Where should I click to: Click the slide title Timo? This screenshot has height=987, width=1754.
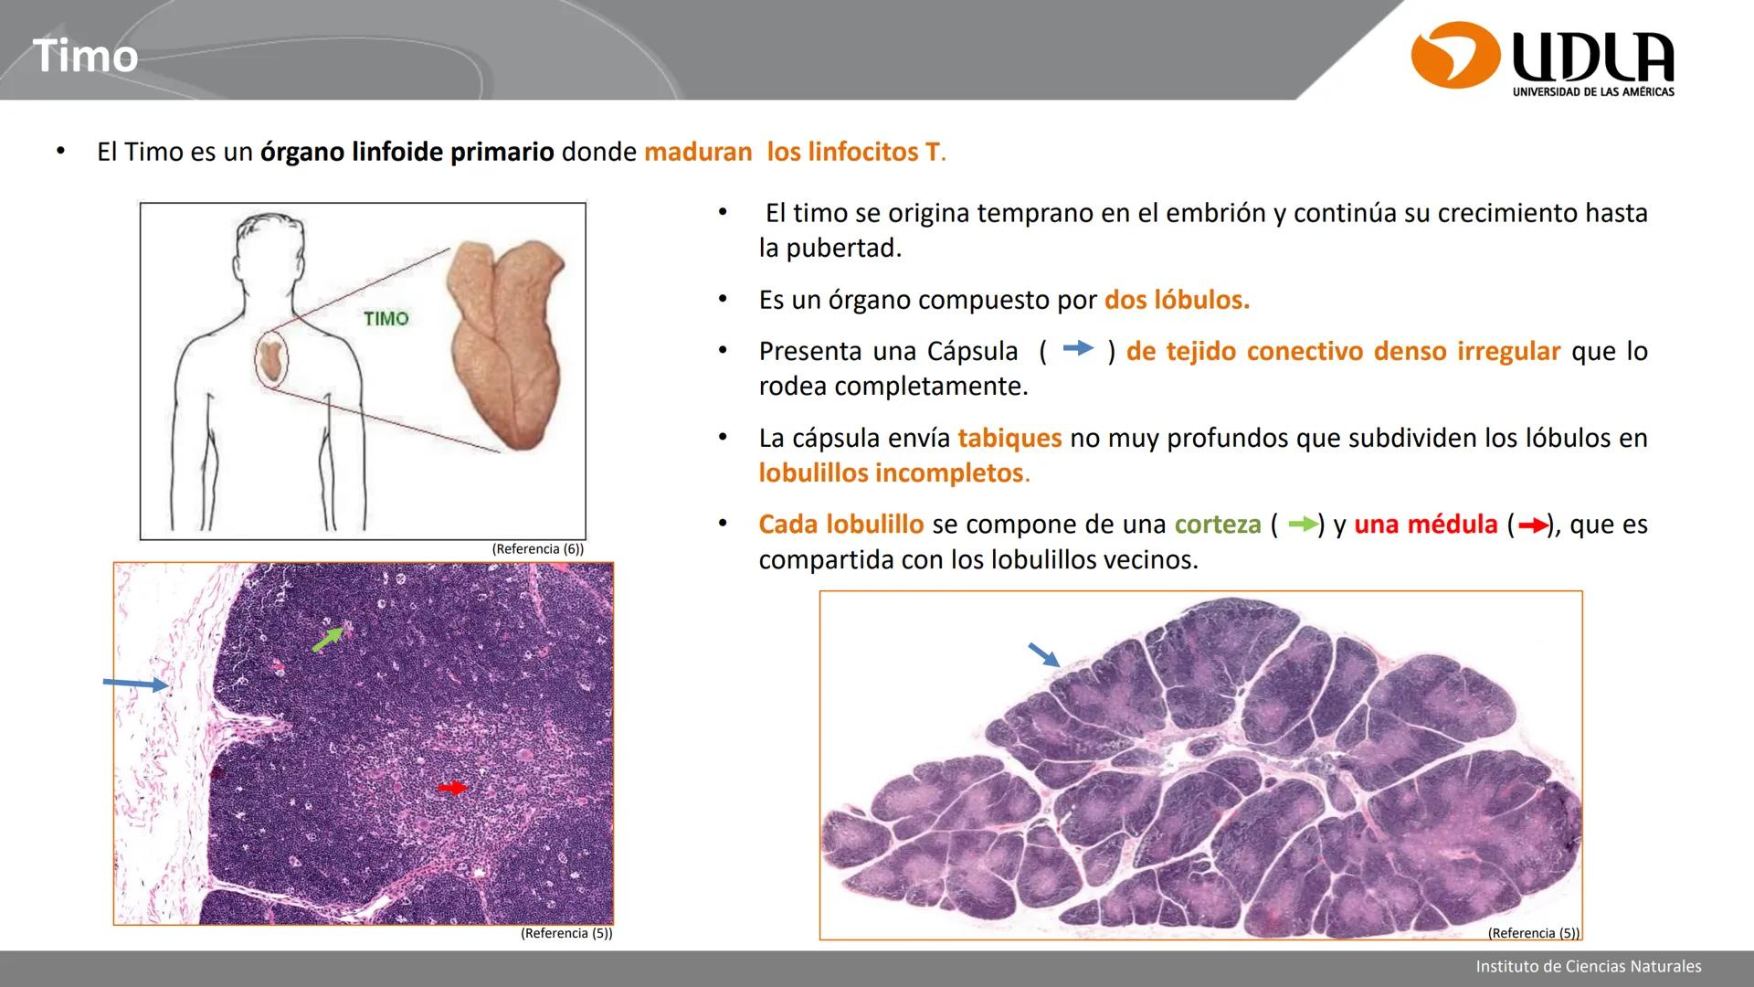click(85, 57)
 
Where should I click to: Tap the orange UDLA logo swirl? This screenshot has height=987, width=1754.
click(1454, 57)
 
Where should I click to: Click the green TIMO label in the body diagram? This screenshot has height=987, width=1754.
click(386, 319)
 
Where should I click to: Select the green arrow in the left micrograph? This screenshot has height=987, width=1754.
click(330, 638)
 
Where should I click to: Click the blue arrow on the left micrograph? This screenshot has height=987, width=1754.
click(135, 685)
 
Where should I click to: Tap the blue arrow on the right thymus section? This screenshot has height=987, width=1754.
click(1043, 655)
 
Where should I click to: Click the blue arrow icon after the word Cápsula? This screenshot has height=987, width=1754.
click(1078, 348)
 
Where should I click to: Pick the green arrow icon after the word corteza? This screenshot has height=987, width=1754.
click(1303, 525)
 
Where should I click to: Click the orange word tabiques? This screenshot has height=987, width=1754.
click(1009, 438)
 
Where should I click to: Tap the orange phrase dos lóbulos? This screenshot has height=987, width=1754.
click(1177, 300)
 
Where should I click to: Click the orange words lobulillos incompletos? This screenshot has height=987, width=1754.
click(891, 472)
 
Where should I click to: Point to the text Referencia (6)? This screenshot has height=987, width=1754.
click(537, 549)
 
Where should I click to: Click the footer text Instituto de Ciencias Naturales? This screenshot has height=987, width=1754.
click(1588, 966)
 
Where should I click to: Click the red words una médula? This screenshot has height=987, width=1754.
click(1425, 525)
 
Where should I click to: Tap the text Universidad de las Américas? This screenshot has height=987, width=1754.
click(1593, 92)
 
